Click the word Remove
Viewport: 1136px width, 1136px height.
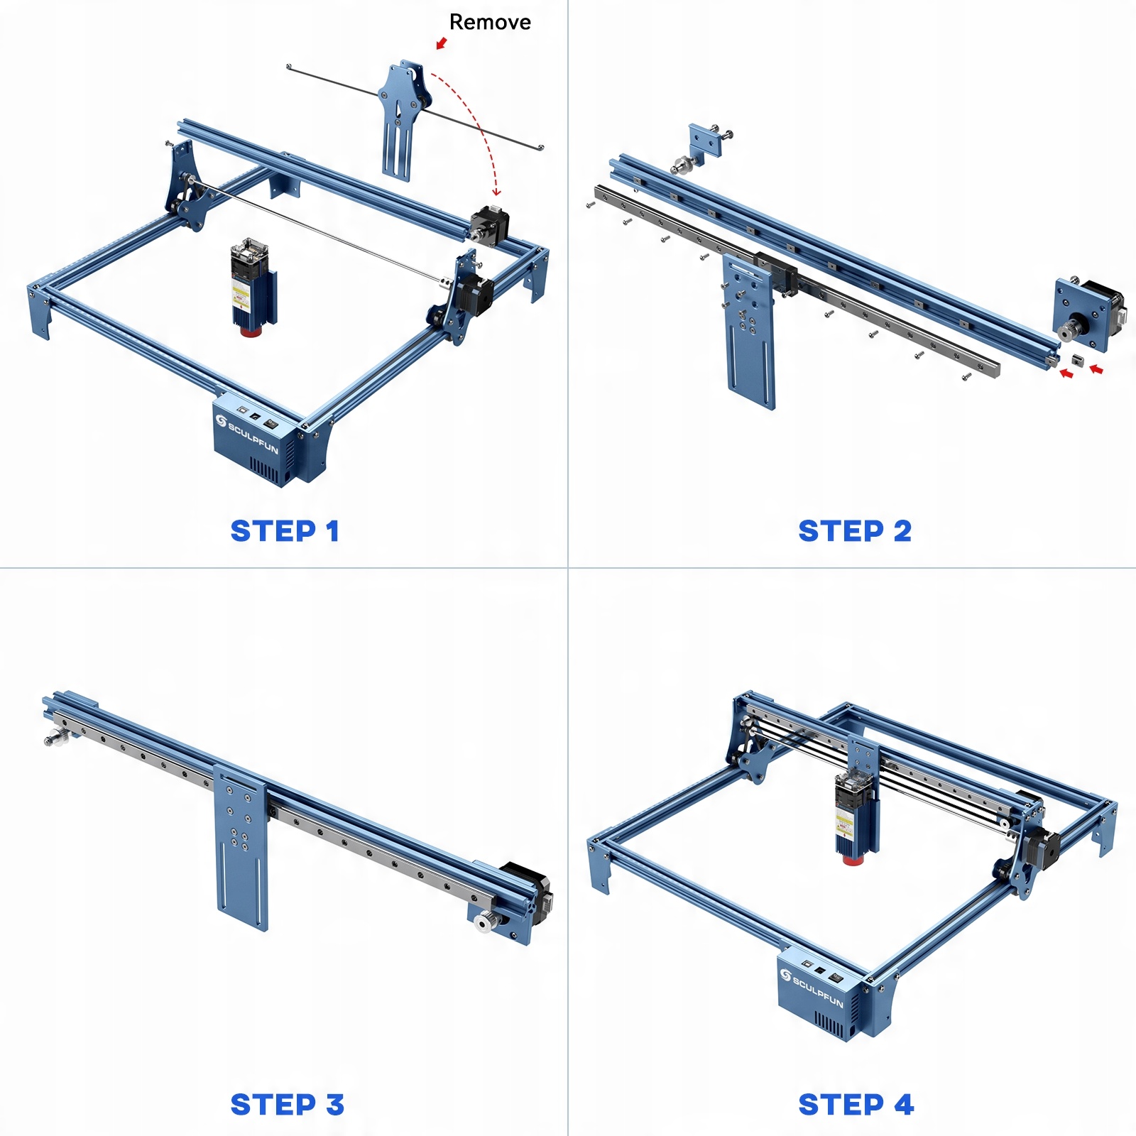490,22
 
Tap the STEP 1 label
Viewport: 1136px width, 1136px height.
285,531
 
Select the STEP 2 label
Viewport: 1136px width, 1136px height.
855,531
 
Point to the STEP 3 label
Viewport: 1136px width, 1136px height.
287,1105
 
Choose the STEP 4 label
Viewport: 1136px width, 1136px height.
856,1105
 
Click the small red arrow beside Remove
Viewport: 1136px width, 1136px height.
441,43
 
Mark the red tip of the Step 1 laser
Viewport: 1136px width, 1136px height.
249,332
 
